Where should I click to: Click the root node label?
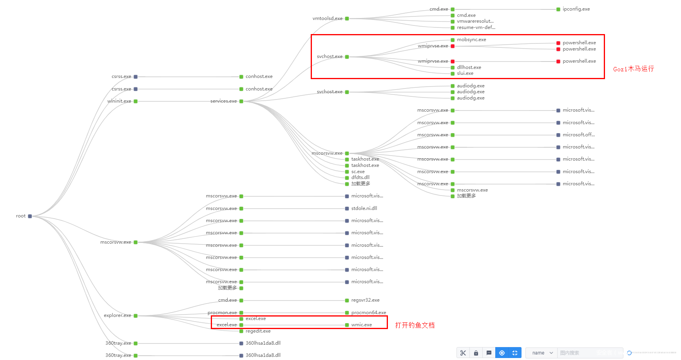[x=21, y=216]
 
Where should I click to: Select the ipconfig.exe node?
[x=576, y=9]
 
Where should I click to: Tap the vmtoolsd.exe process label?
[x=328, y=18]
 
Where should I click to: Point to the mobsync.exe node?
[x=471, y=40]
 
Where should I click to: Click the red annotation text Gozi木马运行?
[x=633, y=69]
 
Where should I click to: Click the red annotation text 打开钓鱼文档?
[x=415, y=325]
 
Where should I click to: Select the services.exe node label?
[x=223, y=101]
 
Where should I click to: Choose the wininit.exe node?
[x=119, y=101]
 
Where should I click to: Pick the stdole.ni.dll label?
[x=364, y=208]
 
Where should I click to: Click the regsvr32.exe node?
[x=365, y=300]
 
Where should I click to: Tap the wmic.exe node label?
[x=361, y=325]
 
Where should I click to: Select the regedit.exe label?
[x=258, y=331]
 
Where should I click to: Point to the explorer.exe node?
[x=118, y=315]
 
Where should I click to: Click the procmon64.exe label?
[x=368, y=313]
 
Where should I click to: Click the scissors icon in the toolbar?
[x=463, y=353]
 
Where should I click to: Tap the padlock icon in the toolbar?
[x=476, y=353]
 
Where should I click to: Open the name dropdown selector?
[x=541, y=353]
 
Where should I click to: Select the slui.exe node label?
[x=465, y=73]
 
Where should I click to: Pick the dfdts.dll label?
[x=360, y=177]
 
